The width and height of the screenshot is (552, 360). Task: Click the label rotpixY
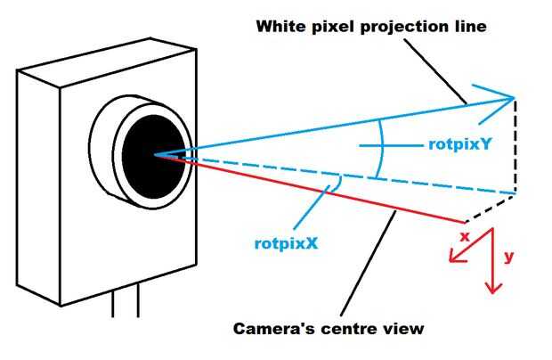459,144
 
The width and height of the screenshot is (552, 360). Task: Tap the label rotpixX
286,243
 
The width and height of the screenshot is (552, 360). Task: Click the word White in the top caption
281,27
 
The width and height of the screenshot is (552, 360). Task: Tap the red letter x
465,237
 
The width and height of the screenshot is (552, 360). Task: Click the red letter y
509,257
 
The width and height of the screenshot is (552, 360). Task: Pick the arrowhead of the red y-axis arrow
493,288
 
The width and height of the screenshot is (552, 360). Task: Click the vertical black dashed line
515,145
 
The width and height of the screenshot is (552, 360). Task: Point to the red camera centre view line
310,189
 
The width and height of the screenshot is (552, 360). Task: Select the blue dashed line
348,176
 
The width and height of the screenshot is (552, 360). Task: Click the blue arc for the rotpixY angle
382,148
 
